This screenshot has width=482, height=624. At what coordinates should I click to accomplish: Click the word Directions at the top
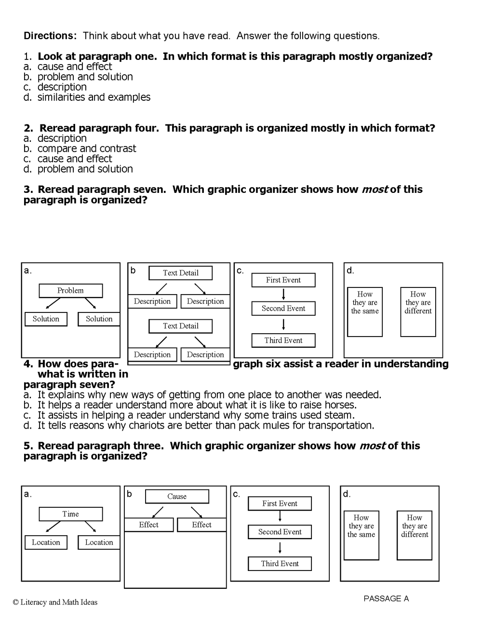(x=50, y=36)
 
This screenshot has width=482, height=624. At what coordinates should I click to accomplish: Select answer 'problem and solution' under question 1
(x=85, y=77)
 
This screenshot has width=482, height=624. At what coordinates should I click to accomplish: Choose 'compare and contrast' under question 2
(x=87, y=149)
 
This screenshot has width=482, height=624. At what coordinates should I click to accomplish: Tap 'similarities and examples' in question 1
(x=94, y=97)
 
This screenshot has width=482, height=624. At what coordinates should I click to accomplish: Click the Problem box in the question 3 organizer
(x=70, y=290)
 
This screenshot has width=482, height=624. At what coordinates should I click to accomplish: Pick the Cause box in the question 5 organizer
(x=177, y=496)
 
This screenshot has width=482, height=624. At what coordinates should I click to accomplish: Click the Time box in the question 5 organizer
(x=70, y=514)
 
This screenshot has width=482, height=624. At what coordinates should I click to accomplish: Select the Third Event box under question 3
(x=283, y=340)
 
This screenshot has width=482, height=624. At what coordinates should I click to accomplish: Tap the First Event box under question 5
(x=280, y=503)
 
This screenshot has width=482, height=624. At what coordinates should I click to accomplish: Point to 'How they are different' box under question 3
(x=418, y=312)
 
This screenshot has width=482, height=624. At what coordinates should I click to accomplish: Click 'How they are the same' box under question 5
(x=361, y=535)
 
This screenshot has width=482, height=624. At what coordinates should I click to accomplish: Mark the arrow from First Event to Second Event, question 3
(x=283, y=294)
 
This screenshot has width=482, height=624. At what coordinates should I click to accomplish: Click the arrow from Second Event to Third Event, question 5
(x=280, y=548)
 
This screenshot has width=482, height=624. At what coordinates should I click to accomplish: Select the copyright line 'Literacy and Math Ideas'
(x=55, y=602)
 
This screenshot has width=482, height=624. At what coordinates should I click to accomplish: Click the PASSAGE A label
(x=386, y=598)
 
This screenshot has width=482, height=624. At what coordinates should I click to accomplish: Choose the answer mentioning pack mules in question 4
(x=205, y=425)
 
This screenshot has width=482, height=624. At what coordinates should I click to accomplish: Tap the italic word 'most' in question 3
(x=375, y=190)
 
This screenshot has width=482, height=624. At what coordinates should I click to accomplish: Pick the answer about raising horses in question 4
(x=197, y=405)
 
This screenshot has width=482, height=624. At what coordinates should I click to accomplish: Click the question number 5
(x=28, y=446)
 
